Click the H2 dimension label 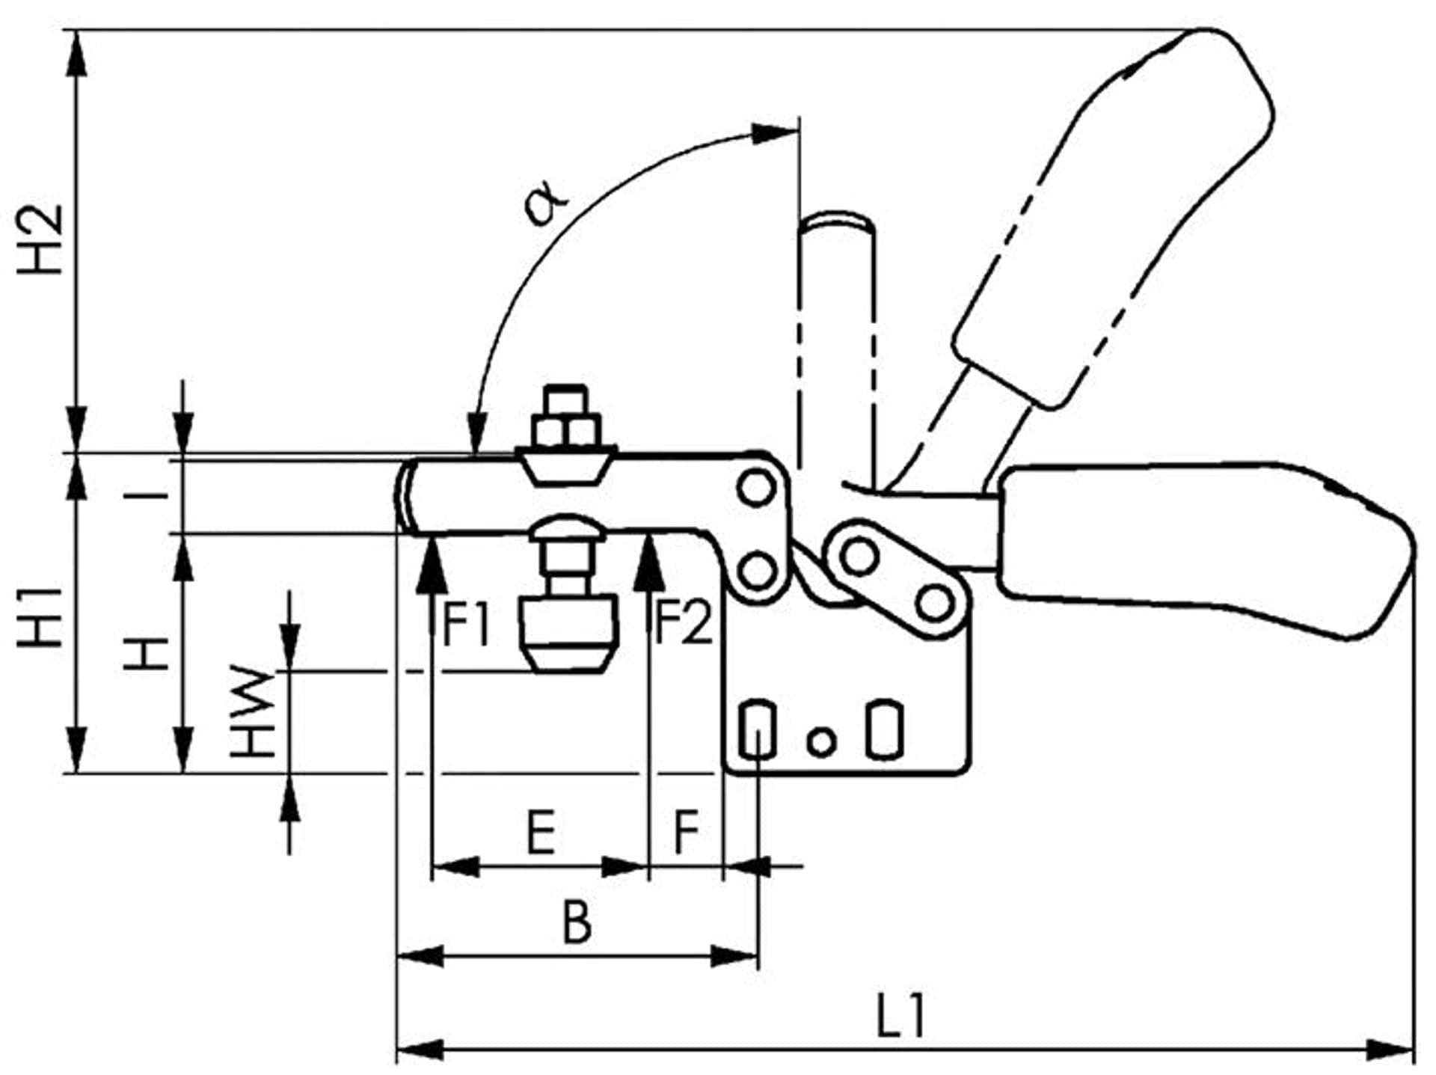[x=41, y=239]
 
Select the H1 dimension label [x=41, y=618]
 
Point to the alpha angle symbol [x=547, y=202]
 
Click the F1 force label [x=467, y=625]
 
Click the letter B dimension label [x=577, y=922]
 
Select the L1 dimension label [x=900, y=1017]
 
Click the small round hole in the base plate [x=821, y=741]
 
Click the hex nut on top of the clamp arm [x=567, y=430]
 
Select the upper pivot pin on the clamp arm [x=756, y=489]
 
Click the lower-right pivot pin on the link [x=934, y=603]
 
